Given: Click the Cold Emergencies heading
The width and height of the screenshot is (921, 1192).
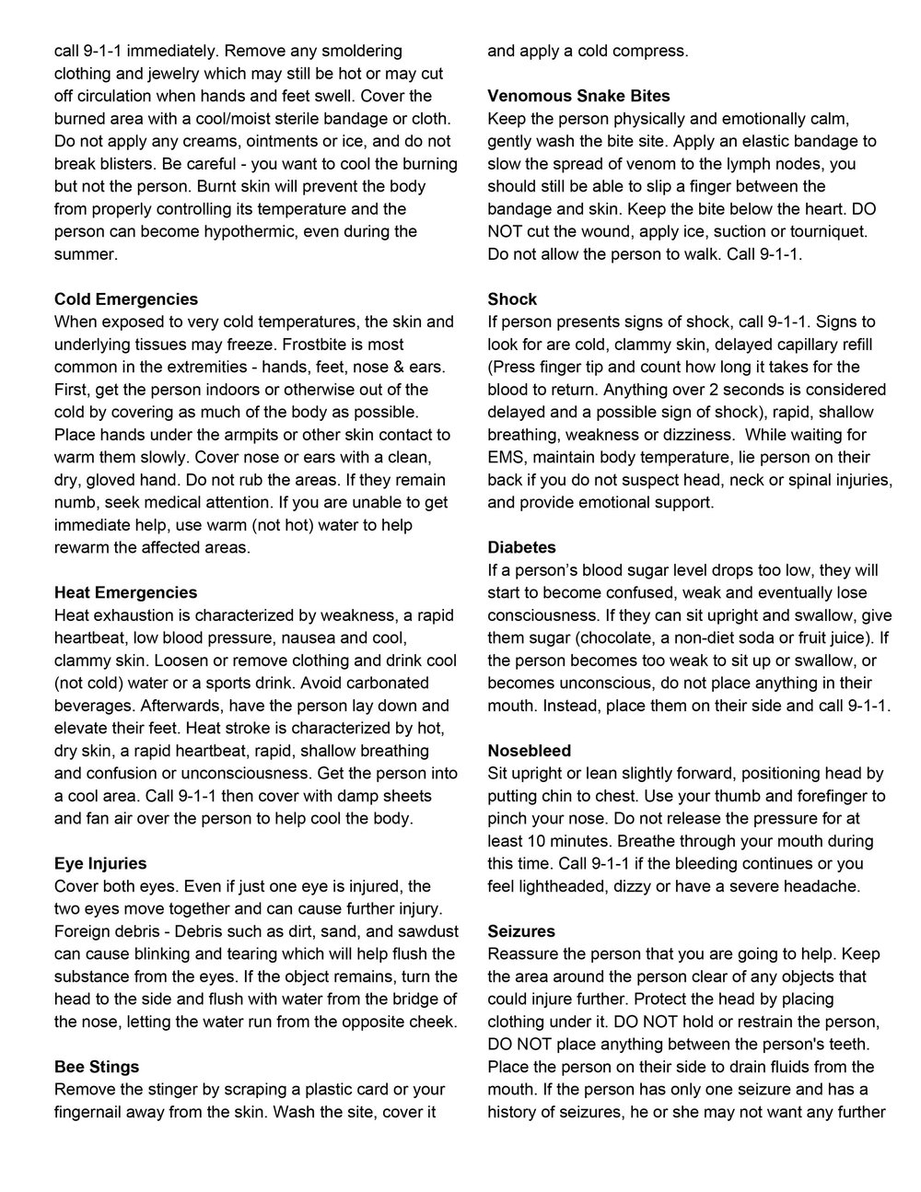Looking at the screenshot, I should click(x=126, y=299).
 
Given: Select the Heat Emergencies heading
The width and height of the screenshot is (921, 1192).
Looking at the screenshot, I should click(x=126, y=592).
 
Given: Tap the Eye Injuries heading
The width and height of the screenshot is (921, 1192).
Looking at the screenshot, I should click(x=100, y=863).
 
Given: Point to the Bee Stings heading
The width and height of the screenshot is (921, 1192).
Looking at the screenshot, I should click(x=97, y=1067).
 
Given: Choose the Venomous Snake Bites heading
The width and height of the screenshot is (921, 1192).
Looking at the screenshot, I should click(x=578, y=96).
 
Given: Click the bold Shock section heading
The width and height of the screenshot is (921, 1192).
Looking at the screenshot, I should click(x=512, y=299).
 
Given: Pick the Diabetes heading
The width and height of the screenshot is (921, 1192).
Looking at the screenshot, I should click(x=521, y=548).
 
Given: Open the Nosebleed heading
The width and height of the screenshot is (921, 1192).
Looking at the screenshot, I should click(x=530, y=751).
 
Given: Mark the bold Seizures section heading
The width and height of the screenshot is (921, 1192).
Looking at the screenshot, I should click(x=521, y=931).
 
